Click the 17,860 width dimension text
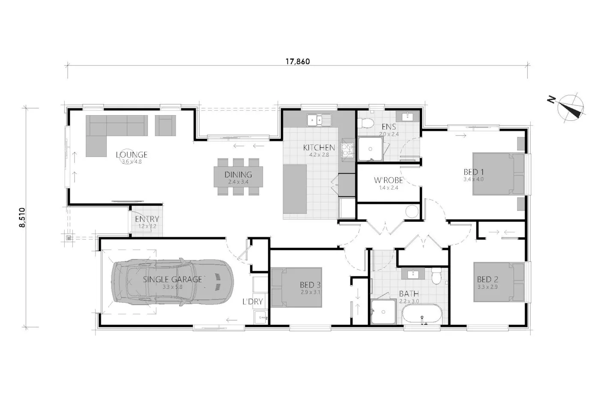[298, 61]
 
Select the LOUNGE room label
[132, 155]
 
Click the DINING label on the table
[238, 174]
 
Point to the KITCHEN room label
[319, 147]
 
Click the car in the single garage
[172, 282]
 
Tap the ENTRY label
[147, 219]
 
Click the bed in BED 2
[499, 282]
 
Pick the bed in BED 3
[296, 287]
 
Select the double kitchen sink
[319, 120]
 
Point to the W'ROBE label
[388, 180]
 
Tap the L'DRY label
[252, 302]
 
